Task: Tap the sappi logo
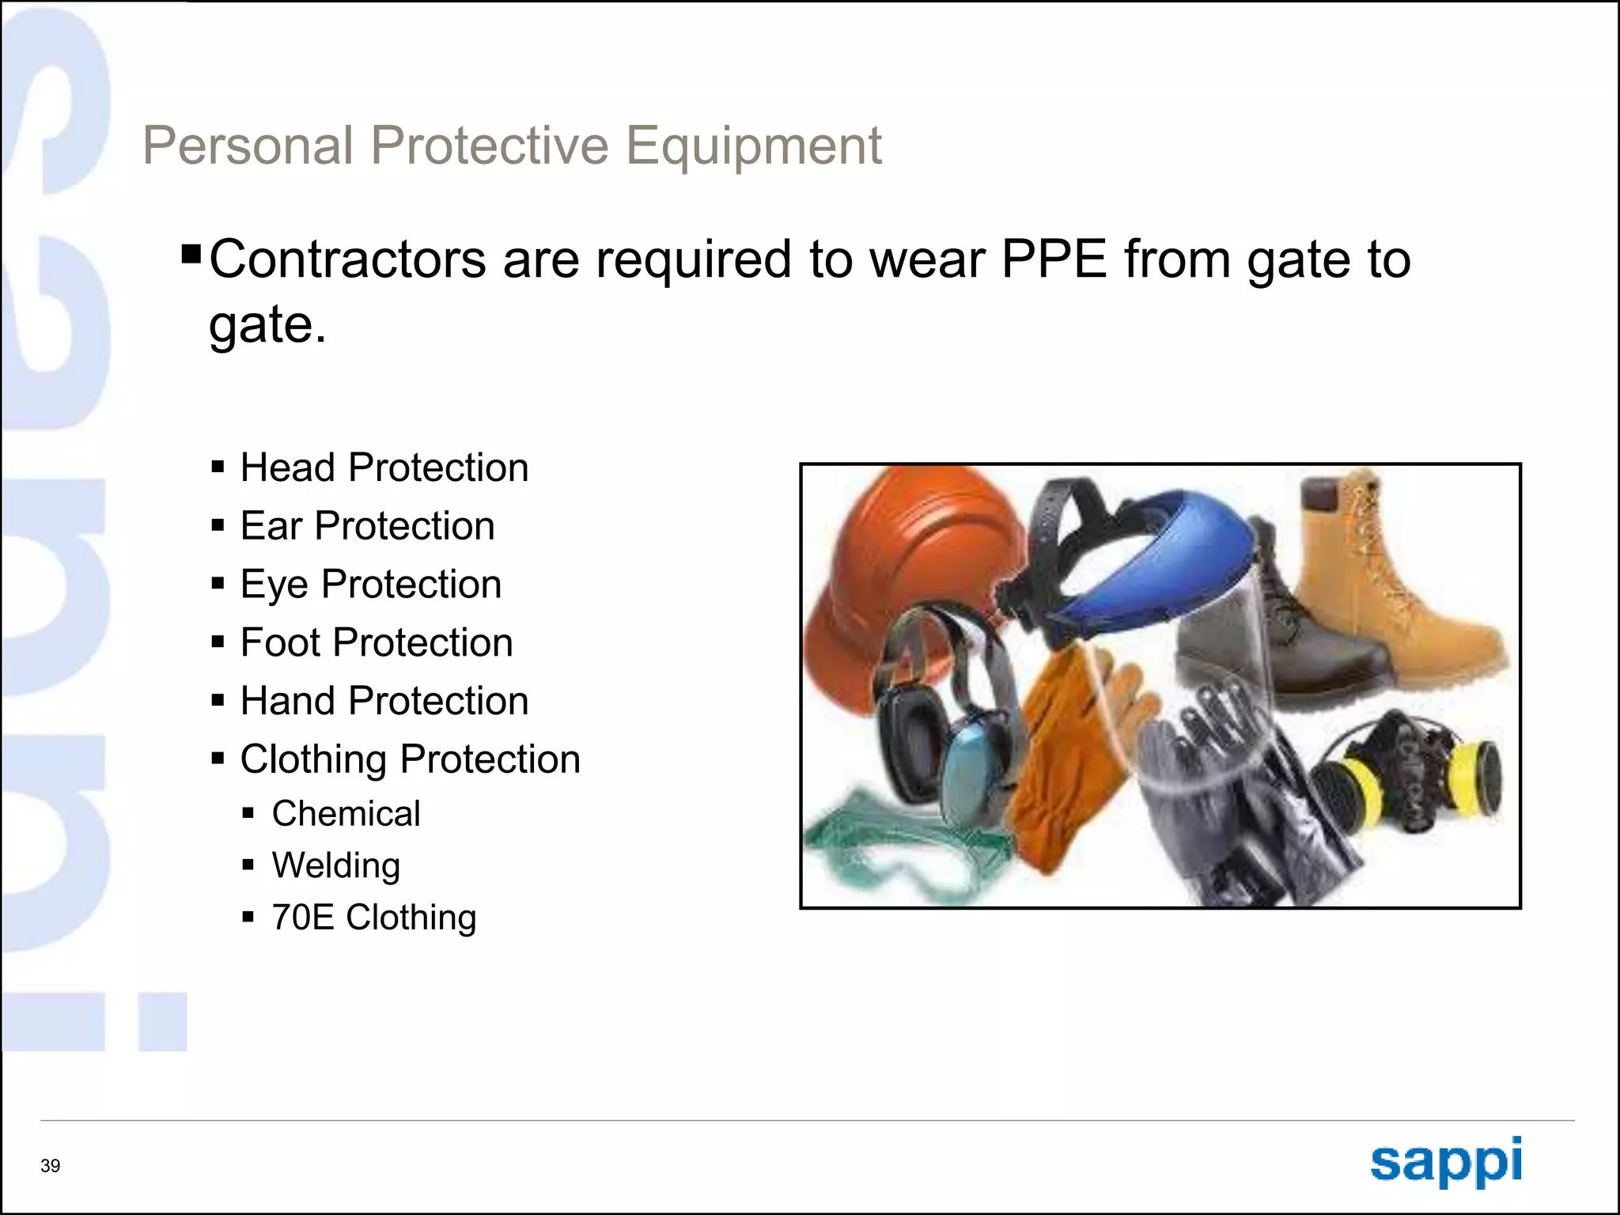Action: coord(1445,1161)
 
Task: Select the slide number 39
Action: coord(51,1166)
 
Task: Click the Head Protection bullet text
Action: coord(384,467)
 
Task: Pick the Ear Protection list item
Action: coord(367,526)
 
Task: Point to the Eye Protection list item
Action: coord(370,585)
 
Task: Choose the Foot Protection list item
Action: coord(376,642)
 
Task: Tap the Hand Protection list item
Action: coord(384,701)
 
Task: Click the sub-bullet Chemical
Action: coord(346,814)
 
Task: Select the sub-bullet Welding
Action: coord(335,865)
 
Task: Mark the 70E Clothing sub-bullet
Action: coord(373,918)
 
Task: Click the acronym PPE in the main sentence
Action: coord(1054,259)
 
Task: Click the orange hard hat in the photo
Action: coord(910,554)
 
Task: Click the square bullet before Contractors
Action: coord(191,255)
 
